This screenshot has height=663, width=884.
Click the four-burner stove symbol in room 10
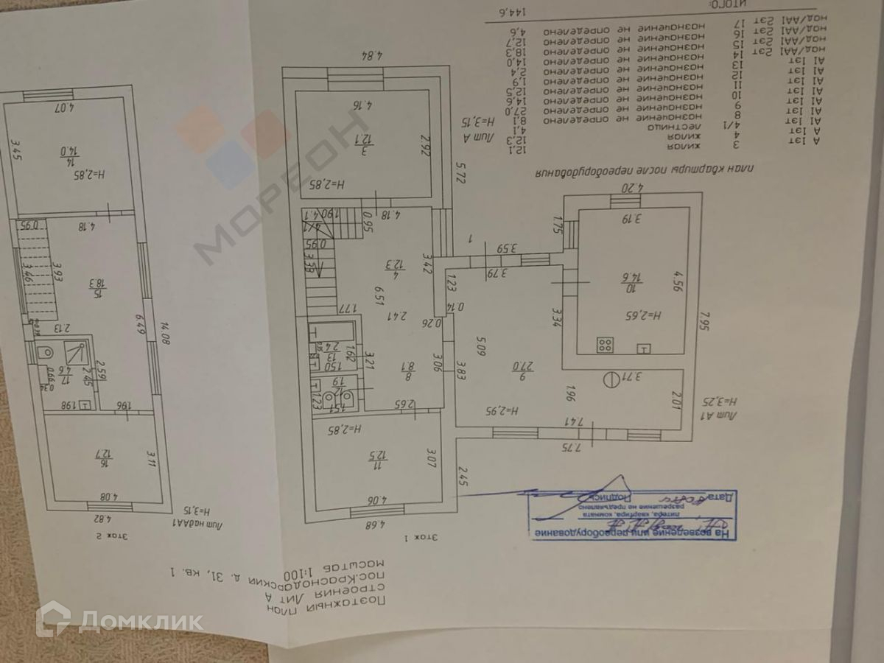tap(606, 344)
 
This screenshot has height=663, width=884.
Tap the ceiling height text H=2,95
tap(505, 410)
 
